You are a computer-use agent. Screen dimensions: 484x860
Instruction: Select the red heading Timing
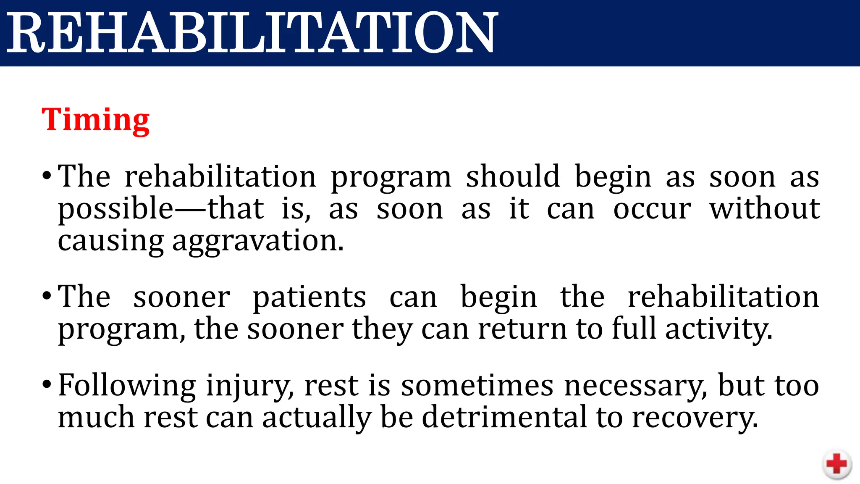95,120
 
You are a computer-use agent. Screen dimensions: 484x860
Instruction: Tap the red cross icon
836,464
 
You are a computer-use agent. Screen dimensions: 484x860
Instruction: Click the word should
513,176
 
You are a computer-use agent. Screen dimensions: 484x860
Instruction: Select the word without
764,208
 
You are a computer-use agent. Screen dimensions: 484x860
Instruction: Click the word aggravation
257,242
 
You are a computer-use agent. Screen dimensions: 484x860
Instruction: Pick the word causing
110,242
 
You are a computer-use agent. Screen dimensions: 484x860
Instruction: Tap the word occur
652,209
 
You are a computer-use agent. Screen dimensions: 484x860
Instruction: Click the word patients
309,297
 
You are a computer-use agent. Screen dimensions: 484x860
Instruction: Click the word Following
127,386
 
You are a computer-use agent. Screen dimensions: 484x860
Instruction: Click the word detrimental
504,417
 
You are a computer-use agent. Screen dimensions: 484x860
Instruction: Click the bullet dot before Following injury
47,384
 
